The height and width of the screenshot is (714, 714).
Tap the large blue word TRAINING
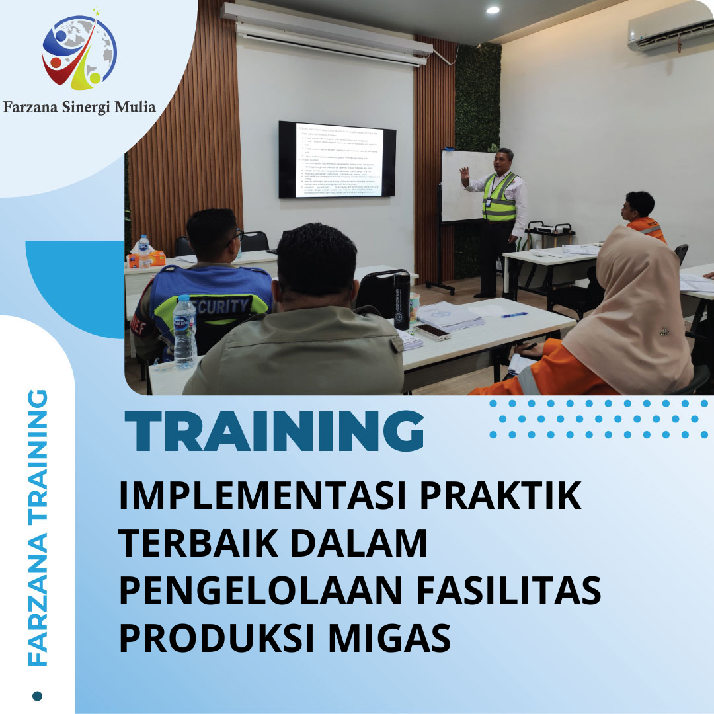(x=274, y=432)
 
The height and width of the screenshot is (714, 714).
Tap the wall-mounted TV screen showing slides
(x=337, y=159)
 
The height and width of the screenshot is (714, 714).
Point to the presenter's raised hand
(x=465, y=175)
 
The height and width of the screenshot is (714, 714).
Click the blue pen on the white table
(x=514, y=315)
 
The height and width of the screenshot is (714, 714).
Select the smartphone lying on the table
(x=432, y=332)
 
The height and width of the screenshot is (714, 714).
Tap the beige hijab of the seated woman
(x=628, y=304)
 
